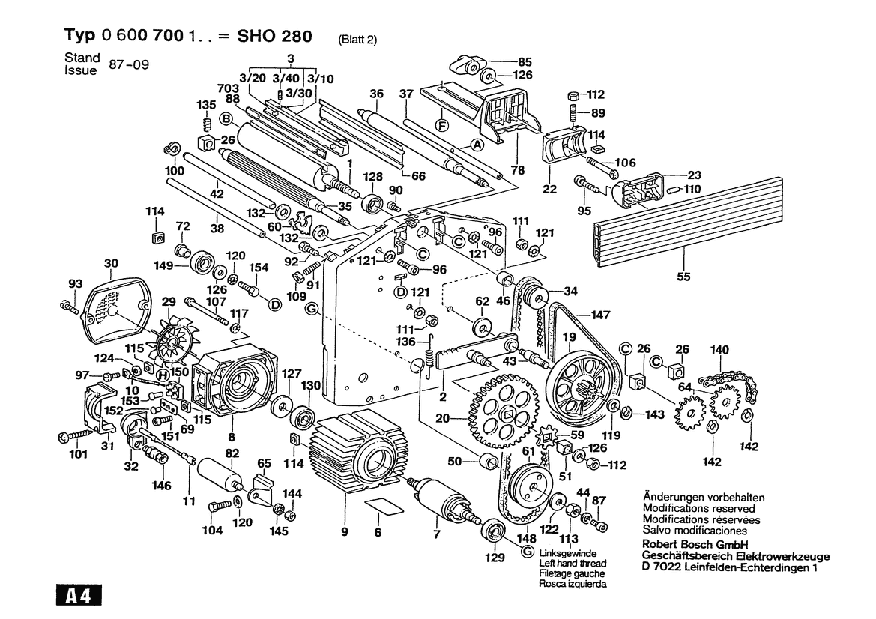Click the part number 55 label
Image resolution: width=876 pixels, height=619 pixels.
click(x=683, y=275)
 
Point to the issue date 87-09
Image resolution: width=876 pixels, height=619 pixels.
click(x=130, y=64)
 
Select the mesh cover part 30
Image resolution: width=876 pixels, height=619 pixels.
click(x=113, y=307)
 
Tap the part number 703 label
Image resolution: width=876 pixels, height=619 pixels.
click(x=228, y=88)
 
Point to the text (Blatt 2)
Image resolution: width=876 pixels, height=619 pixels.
click(x=357, y=40)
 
